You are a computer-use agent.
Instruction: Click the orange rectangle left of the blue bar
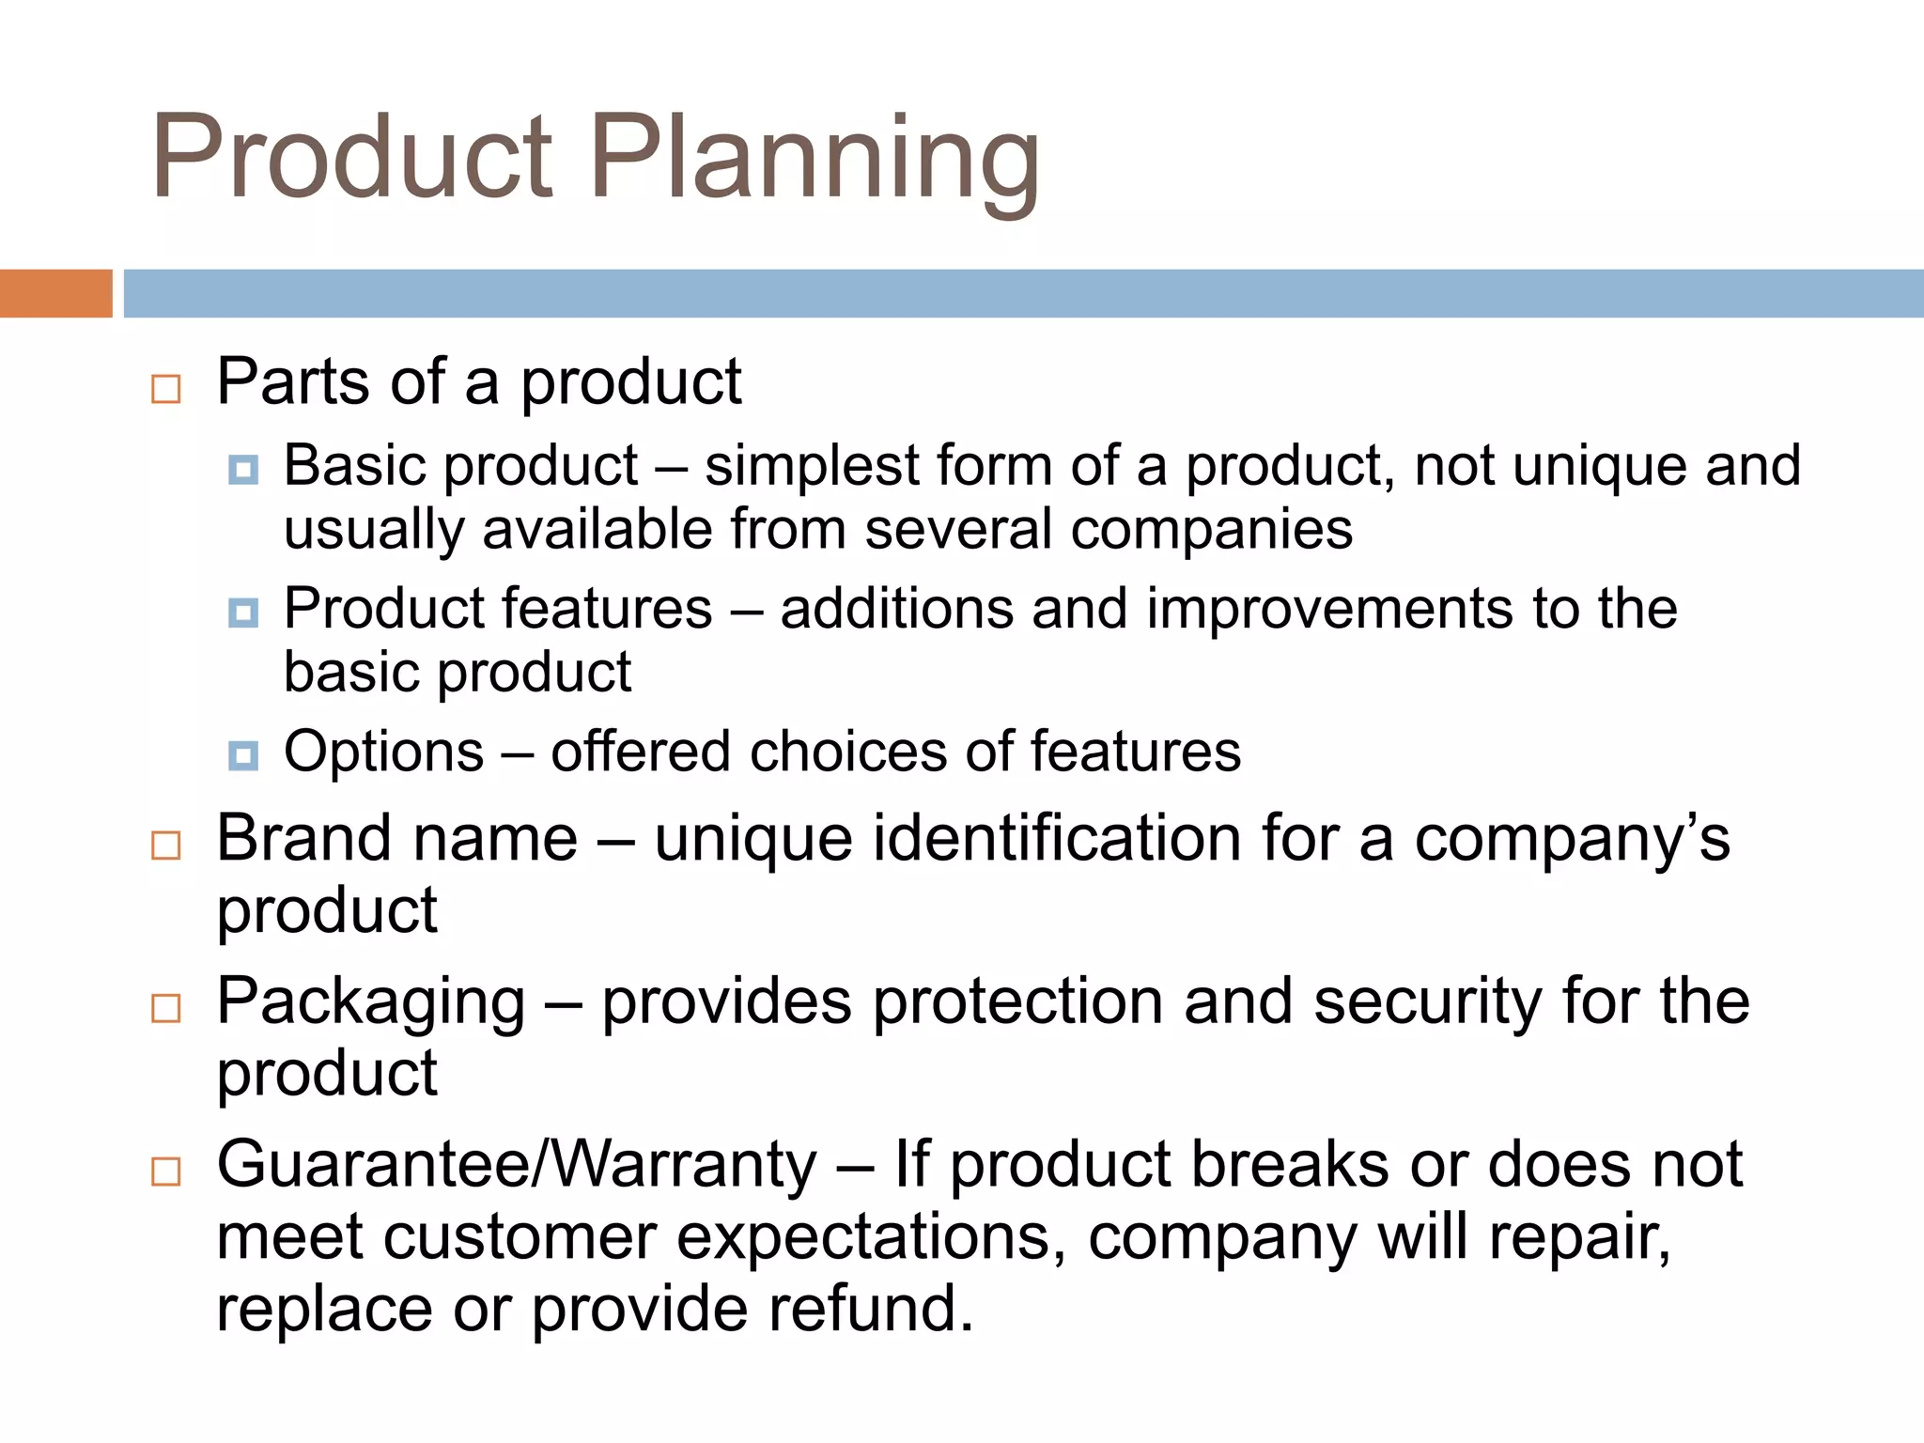coord(55,293)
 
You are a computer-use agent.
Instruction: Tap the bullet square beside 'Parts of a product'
coord(166,388)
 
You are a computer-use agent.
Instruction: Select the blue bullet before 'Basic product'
coord(243,470)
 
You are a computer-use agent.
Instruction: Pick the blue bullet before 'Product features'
coord(243,613)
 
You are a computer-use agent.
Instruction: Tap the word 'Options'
coord(384,752)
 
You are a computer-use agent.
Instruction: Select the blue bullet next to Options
coord(243,755)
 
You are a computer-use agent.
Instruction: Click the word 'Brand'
coord(303,838)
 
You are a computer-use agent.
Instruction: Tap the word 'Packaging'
coord(371,1003)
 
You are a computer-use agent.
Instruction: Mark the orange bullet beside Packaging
coord(166,1009)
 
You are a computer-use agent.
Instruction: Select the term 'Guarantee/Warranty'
coord(517,1165)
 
